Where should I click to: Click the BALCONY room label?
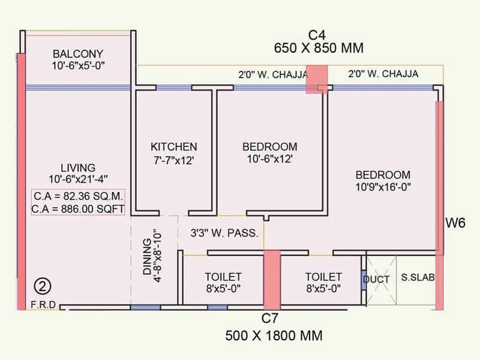click(78, 54)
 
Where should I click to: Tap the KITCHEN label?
click(173, 146)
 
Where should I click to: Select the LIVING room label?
click(78, 168)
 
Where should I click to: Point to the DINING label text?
click(147, 257)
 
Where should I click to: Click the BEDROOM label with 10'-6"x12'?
click(269, 146)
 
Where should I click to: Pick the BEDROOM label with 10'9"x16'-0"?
click(383, 175)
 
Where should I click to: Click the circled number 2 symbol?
click(42, 286)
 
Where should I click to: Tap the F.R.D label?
click(43, 305)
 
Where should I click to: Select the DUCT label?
click(376, 280)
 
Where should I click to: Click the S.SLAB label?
click(418, 277)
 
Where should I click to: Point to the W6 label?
click(455, 223)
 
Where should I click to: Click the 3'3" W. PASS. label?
click(224, 233)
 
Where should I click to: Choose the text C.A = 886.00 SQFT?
click(78, 209)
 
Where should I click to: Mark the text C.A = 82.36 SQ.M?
click(78, 196)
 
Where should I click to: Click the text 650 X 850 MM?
click(319, 48)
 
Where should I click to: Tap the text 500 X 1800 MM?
click(274, 335)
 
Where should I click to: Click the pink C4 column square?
click(317, 79)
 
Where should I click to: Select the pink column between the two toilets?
click(272, 280)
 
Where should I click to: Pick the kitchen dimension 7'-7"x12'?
click(173, 160)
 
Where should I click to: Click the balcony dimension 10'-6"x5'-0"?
click(79, 65)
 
